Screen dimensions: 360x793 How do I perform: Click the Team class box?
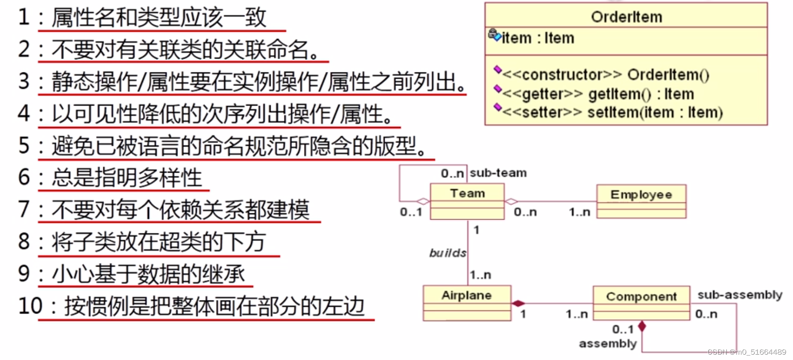coord(467,202)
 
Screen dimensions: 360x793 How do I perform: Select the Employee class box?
coord(641,201)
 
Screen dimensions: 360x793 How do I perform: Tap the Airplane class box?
coord(466,303)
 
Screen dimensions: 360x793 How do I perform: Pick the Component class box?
coord(641,303)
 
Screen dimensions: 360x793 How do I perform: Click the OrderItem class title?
coord(626,17)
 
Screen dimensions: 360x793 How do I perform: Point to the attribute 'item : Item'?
coord(537,38)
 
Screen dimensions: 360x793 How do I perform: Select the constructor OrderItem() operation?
coord(606,75)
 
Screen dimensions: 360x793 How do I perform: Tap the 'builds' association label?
coord(448,253)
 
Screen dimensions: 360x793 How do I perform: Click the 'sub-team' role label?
coord(498,173)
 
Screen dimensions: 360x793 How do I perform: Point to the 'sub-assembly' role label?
coord(740,295)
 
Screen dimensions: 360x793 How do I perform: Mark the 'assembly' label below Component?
coord(607,343)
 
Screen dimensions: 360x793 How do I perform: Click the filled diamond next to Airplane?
coord(518,304)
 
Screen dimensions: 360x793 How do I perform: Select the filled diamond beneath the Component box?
coord(642,326)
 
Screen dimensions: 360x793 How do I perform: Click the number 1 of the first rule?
coord(24,17)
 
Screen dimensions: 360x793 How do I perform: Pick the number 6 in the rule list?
coord(24,178)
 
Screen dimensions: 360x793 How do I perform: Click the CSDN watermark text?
coord(746,352)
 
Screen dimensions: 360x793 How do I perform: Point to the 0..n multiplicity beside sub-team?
coord(452,174)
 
